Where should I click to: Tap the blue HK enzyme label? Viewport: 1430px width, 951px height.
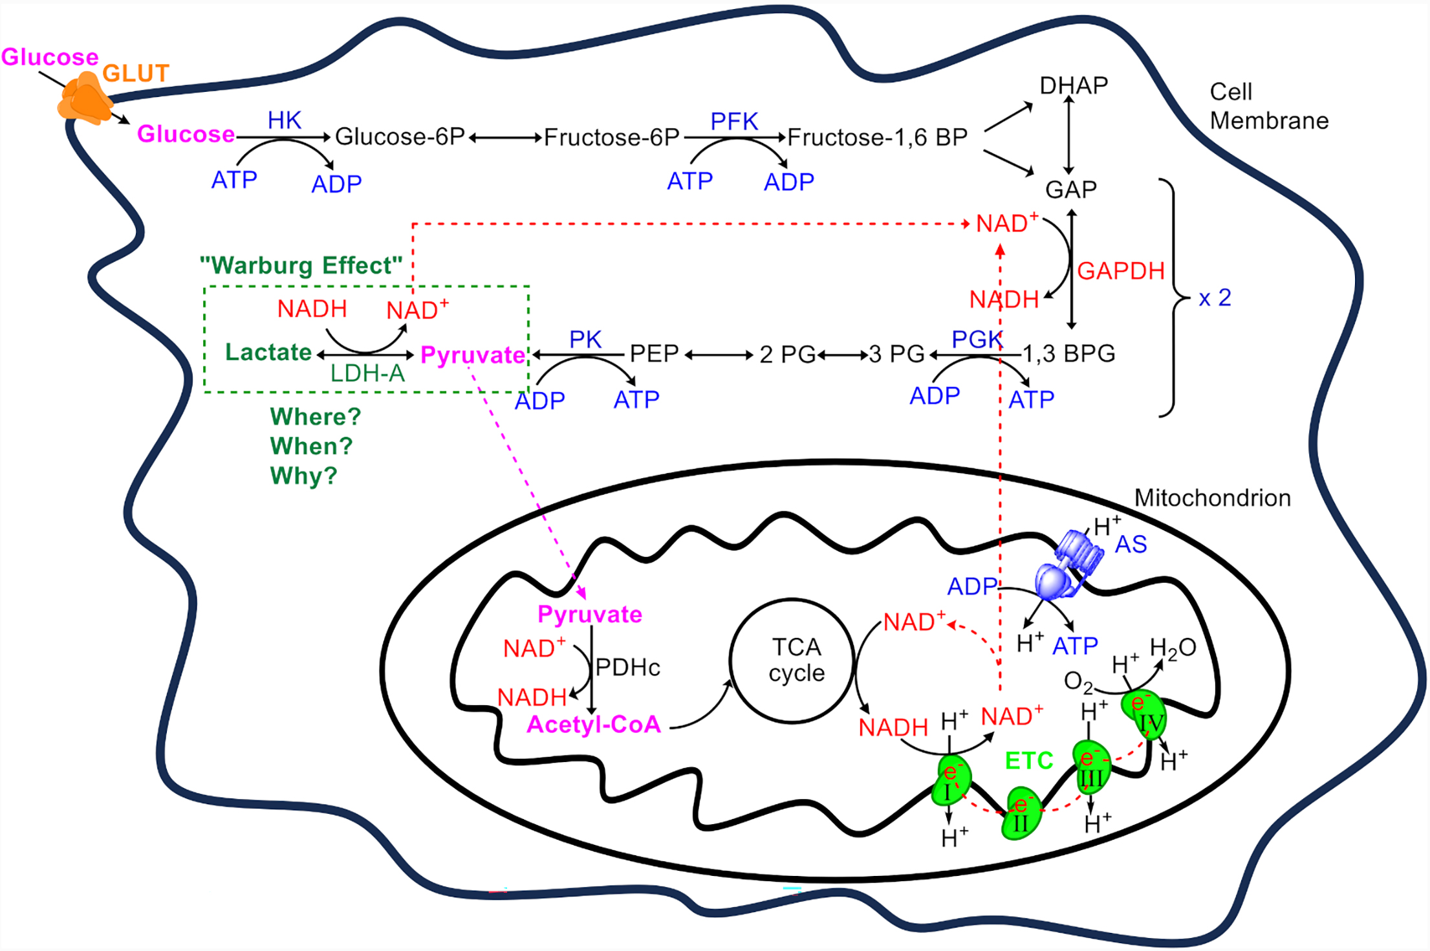click(285, 120)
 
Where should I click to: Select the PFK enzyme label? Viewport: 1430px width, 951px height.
click(734, 122)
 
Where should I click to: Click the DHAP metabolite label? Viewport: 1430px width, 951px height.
click(1074, 85)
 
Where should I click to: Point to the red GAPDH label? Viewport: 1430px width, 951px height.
click(1121, 271)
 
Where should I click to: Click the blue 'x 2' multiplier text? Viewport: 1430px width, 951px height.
click(1215, 298)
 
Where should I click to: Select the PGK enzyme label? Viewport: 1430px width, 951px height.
click(977, 339)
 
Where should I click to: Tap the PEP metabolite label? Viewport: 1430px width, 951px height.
click(654, 354)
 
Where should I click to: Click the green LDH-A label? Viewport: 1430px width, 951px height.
click(367, 374)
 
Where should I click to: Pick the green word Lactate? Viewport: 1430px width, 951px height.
click(268, 353)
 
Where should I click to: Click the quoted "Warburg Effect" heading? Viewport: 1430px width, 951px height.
click(301, 265)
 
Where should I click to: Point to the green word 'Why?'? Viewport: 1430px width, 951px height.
click(303, 476)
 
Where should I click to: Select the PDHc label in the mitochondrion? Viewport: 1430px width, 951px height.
click(627, 668)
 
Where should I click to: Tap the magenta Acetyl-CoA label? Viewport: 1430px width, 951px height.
click(594, 725)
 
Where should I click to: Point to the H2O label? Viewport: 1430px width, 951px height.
click(1173, 648)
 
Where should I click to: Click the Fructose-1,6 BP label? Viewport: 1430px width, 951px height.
click(877, 138)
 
